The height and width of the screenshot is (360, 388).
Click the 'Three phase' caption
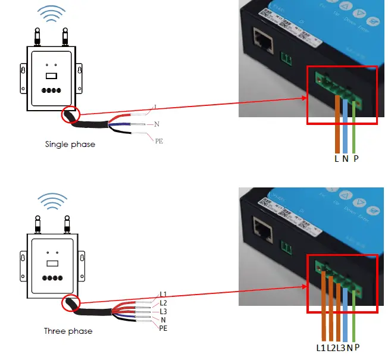coord(68,331)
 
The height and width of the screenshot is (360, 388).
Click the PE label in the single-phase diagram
coord(159,141)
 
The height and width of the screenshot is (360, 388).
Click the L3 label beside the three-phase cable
coord(163,311)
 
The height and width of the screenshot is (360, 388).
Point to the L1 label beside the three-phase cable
coord(163,295)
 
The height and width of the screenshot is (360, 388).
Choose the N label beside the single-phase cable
coord(157,124)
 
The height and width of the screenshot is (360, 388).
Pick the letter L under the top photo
coord(336,159)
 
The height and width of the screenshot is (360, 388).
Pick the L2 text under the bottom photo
coord(331,348)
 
